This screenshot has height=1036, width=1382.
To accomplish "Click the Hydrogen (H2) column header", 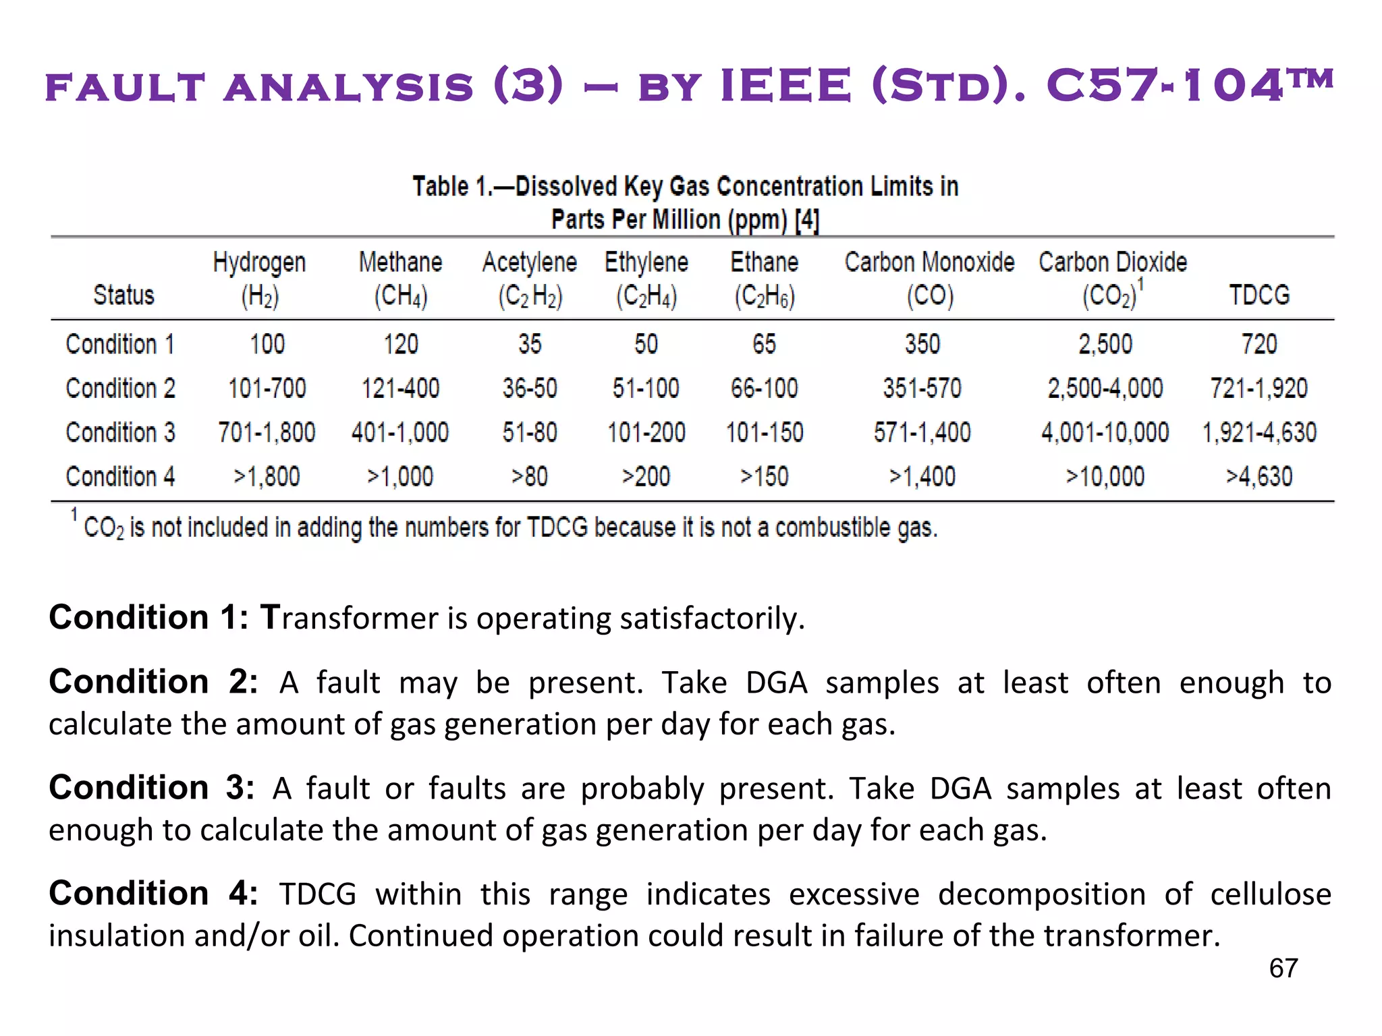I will [260, 279].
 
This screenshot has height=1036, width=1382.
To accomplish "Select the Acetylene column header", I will [530, 279].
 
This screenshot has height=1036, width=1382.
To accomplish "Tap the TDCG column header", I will [1259, 295].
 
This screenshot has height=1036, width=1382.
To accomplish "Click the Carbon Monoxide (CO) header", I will [929, 279].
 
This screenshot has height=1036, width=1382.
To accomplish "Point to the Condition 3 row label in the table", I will [121, 432].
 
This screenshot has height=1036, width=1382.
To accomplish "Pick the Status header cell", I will [123, 295].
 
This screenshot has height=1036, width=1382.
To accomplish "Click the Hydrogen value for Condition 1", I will [267, 344].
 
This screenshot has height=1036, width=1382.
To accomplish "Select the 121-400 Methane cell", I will [400, 388].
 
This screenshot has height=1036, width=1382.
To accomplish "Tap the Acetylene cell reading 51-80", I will [530, 432].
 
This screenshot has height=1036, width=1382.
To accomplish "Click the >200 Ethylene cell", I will [646, 477].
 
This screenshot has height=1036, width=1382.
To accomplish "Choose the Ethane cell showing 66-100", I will [764, 388].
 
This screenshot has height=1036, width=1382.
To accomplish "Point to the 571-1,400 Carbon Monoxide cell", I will [922, 432].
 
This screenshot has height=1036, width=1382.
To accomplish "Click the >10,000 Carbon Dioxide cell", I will [1105, 477].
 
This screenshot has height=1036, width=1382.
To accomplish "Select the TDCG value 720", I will [1259, 344].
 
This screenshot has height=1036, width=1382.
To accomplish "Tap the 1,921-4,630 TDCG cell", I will [1259, 432].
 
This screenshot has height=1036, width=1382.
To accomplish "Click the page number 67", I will [1283, 969].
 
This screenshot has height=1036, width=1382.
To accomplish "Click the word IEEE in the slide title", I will [786, 86].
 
